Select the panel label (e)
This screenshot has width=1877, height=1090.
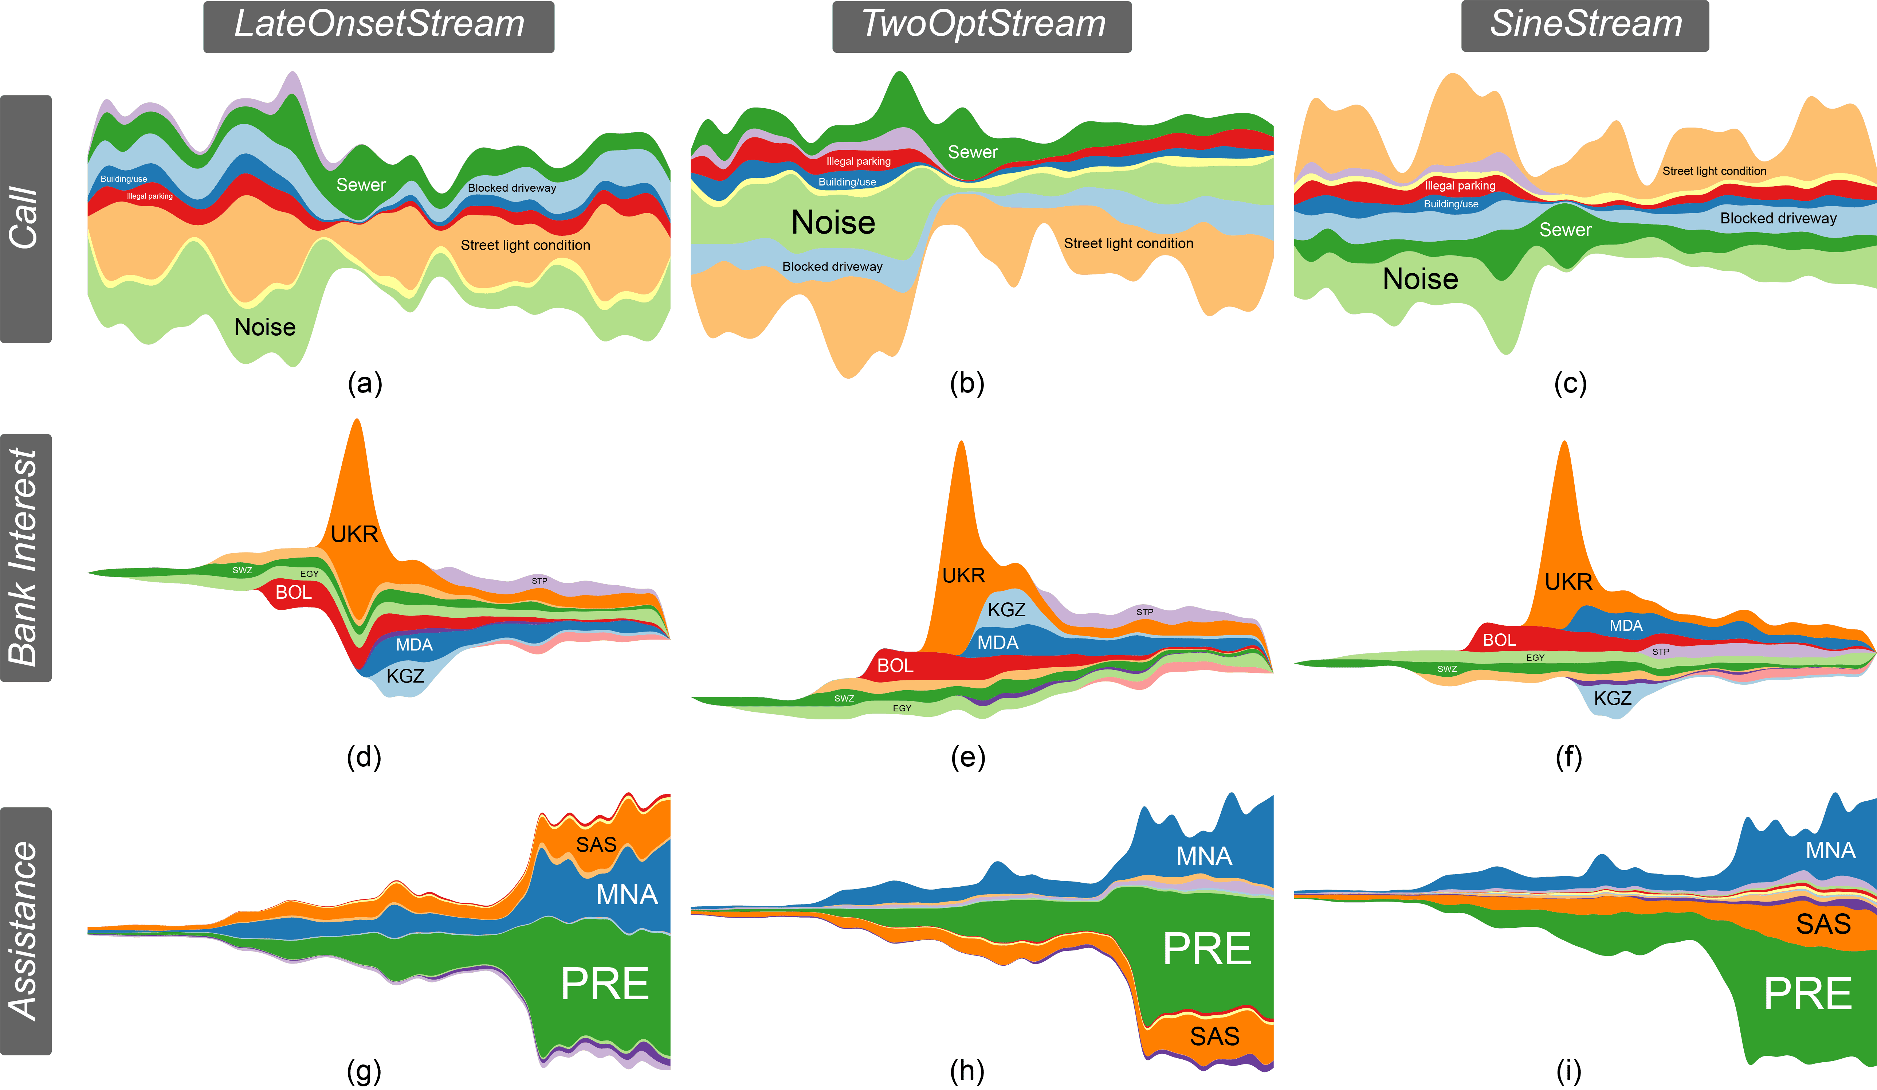point(967,758)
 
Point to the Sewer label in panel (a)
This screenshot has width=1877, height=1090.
point(361,185)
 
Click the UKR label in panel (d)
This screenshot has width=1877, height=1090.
point(354,534)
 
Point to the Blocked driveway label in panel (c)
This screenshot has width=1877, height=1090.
point(1778,218)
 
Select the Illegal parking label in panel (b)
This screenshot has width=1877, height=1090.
point(858,161)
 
